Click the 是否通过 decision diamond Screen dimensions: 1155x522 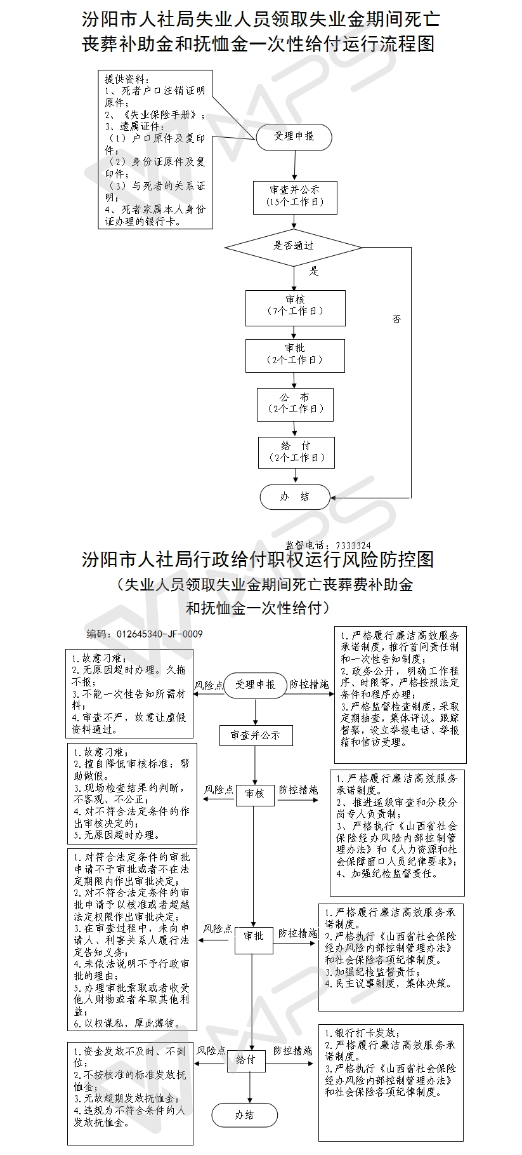pos(294,246)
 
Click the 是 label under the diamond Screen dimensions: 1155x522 pos(313,272)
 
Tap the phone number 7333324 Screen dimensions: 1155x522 pos(353,545)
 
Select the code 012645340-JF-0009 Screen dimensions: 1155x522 pos(159,634)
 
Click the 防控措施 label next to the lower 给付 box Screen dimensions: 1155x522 pos(293,1051)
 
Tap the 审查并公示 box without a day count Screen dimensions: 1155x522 pos(256,735)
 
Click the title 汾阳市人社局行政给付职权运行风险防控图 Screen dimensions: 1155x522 pos(258,559)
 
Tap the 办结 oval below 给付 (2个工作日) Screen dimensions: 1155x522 pos(295,497)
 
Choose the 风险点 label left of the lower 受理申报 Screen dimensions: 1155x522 pos(209,686)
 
